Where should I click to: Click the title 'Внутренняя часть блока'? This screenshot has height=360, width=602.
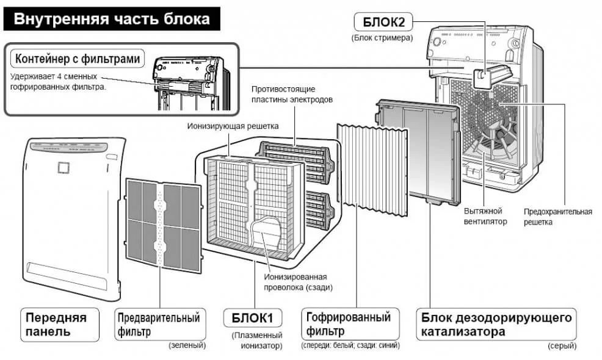click(x=111, y=19)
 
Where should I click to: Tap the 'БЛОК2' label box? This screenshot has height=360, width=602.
click(x=383, y=23)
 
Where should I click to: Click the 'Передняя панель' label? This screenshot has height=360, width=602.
click(x=56, y=325)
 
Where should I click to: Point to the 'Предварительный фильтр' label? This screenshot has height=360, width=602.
click(x=158, y=325)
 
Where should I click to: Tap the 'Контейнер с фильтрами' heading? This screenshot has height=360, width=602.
click(x=79, y=59)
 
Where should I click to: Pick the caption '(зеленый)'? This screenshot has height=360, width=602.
click(x=187, y=345)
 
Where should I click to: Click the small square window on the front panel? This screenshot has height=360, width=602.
click(x=62, y=166)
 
